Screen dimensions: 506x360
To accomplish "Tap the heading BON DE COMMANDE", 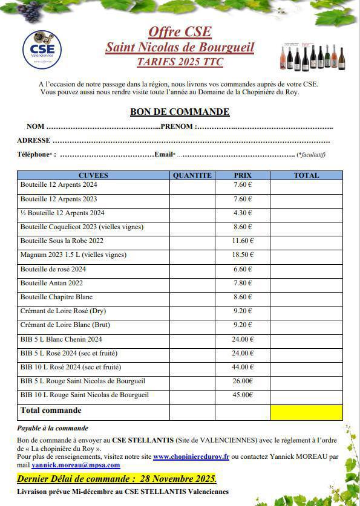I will coord(180,112).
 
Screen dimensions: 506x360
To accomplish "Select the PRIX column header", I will coord(243,175).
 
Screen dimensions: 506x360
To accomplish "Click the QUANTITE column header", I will coord(192,175).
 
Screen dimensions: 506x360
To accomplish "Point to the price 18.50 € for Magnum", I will coord(243,255).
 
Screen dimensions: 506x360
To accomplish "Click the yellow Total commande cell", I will coord(306,412).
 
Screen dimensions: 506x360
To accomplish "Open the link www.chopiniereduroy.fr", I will coord(191,457).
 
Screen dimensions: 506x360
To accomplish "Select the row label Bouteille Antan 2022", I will coord(52,283).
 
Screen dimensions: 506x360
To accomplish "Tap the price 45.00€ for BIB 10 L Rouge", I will coord(243,395).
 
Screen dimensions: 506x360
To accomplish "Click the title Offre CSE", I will coord(180,32).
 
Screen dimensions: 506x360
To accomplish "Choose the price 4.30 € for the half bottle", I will coord(243,213).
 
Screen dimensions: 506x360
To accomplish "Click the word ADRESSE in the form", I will coord(34,140).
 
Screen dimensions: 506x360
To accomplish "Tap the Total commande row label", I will coord(51,410).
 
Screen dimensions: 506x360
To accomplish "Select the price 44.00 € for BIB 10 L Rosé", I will coord(243,367).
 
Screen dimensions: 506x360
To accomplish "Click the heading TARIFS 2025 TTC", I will coord(180,61).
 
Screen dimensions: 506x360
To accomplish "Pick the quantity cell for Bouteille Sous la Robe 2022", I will coord(192,241).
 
